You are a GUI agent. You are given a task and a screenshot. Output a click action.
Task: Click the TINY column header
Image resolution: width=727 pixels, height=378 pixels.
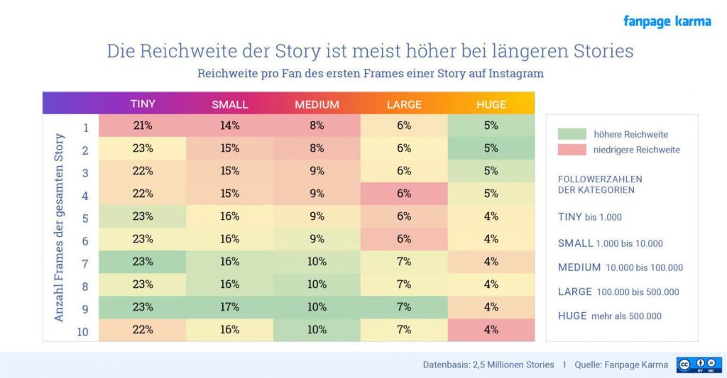click(143, 104)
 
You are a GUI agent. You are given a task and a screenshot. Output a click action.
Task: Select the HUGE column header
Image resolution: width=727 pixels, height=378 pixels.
click(491, 104)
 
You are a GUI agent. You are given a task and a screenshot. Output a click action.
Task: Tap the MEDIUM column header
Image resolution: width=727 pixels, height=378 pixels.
click(317, 104)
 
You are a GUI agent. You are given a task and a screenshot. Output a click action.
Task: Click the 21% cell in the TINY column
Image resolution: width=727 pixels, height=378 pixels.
click(143, 126)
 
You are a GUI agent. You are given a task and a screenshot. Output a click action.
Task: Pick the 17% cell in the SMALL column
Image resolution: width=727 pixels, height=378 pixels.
click(230, 307)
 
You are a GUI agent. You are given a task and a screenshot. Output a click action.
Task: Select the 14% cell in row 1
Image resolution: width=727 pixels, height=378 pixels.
click(230, 126)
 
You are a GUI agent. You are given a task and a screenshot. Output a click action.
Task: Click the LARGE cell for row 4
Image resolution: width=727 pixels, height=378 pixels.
click(404, 194)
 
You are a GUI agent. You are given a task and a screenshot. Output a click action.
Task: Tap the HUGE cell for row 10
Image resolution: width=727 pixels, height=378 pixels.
click(491, 330)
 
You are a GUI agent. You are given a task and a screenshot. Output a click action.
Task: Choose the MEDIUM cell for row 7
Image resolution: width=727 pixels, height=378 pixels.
click(317, 262)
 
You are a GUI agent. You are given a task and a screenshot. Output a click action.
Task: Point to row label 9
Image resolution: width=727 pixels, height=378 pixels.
click(84, 308)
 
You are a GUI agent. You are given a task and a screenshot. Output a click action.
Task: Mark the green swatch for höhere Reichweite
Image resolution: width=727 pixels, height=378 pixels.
click(572, 134)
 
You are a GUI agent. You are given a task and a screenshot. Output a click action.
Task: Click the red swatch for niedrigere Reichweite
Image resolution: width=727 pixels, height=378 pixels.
click(572, 150)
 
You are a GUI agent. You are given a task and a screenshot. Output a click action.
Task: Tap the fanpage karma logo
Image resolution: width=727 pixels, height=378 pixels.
click(667, 21)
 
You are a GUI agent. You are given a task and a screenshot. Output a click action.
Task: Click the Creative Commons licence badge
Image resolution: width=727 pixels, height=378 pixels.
click(699, 365)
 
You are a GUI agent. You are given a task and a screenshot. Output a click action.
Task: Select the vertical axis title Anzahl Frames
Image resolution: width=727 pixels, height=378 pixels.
click(60, 227)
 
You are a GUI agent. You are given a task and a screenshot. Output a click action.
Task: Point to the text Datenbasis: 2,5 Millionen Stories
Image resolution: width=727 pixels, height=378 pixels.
click(488, 365)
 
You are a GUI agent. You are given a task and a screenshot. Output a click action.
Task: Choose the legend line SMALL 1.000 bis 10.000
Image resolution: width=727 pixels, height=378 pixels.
click(610, 243)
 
